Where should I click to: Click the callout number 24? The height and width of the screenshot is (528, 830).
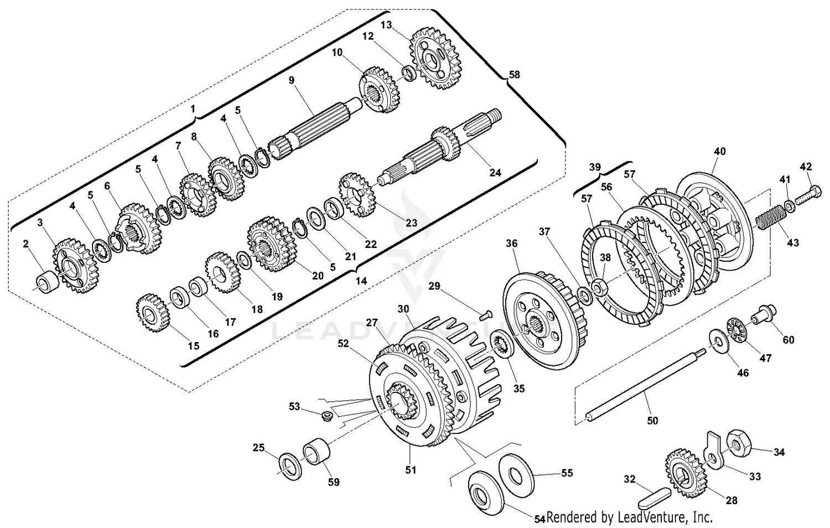(x=495, y=173)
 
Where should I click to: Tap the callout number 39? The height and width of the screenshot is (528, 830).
(x=594, y=167)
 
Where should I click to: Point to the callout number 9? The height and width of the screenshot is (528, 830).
(x=292, y=80)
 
